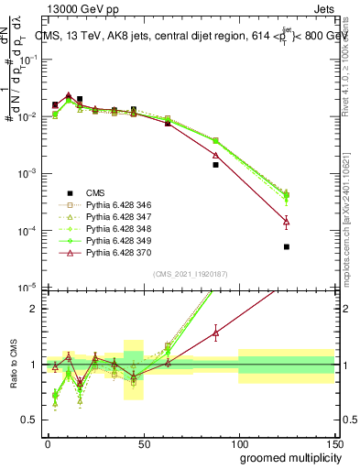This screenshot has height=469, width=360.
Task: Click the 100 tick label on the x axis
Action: (x=238, y=442)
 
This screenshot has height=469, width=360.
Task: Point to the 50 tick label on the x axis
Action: (x=143, y=442)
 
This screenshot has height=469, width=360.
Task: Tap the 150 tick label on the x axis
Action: (x=333, y=442)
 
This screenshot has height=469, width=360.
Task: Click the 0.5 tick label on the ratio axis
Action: (x=30, y=420)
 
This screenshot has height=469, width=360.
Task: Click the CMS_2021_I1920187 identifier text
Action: (x=191, y=274)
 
